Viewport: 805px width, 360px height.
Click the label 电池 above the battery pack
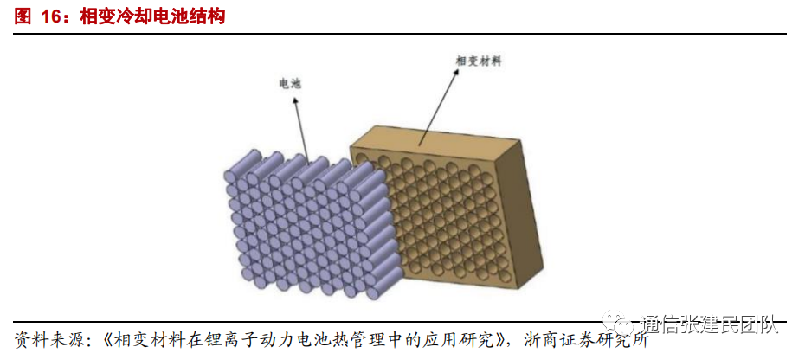coord(289,84)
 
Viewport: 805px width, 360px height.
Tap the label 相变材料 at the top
coord(479,61)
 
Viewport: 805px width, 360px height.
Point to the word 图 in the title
coord(23,16)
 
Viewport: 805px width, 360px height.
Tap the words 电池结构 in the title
coord(189,16)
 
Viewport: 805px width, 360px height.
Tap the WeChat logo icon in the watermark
coord(621,325)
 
